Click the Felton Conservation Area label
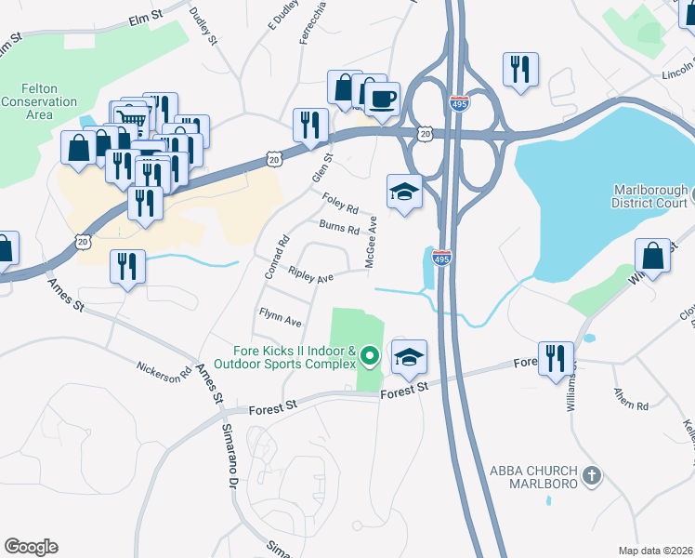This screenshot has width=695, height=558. click(39, 101)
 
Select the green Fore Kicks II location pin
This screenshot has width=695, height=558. click(370, 356)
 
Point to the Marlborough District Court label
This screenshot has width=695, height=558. click(650, 195)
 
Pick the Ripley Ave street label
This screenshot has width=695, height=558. click(310, 276)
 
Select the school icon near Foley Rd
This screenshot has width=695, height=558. click(404, 192)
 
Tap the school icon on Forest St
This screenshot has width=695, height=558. click(409, 357)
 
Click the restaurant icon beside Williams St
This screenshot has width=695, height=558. click(556, 357)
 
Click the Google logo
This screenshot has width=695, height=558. click(31, 547)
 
